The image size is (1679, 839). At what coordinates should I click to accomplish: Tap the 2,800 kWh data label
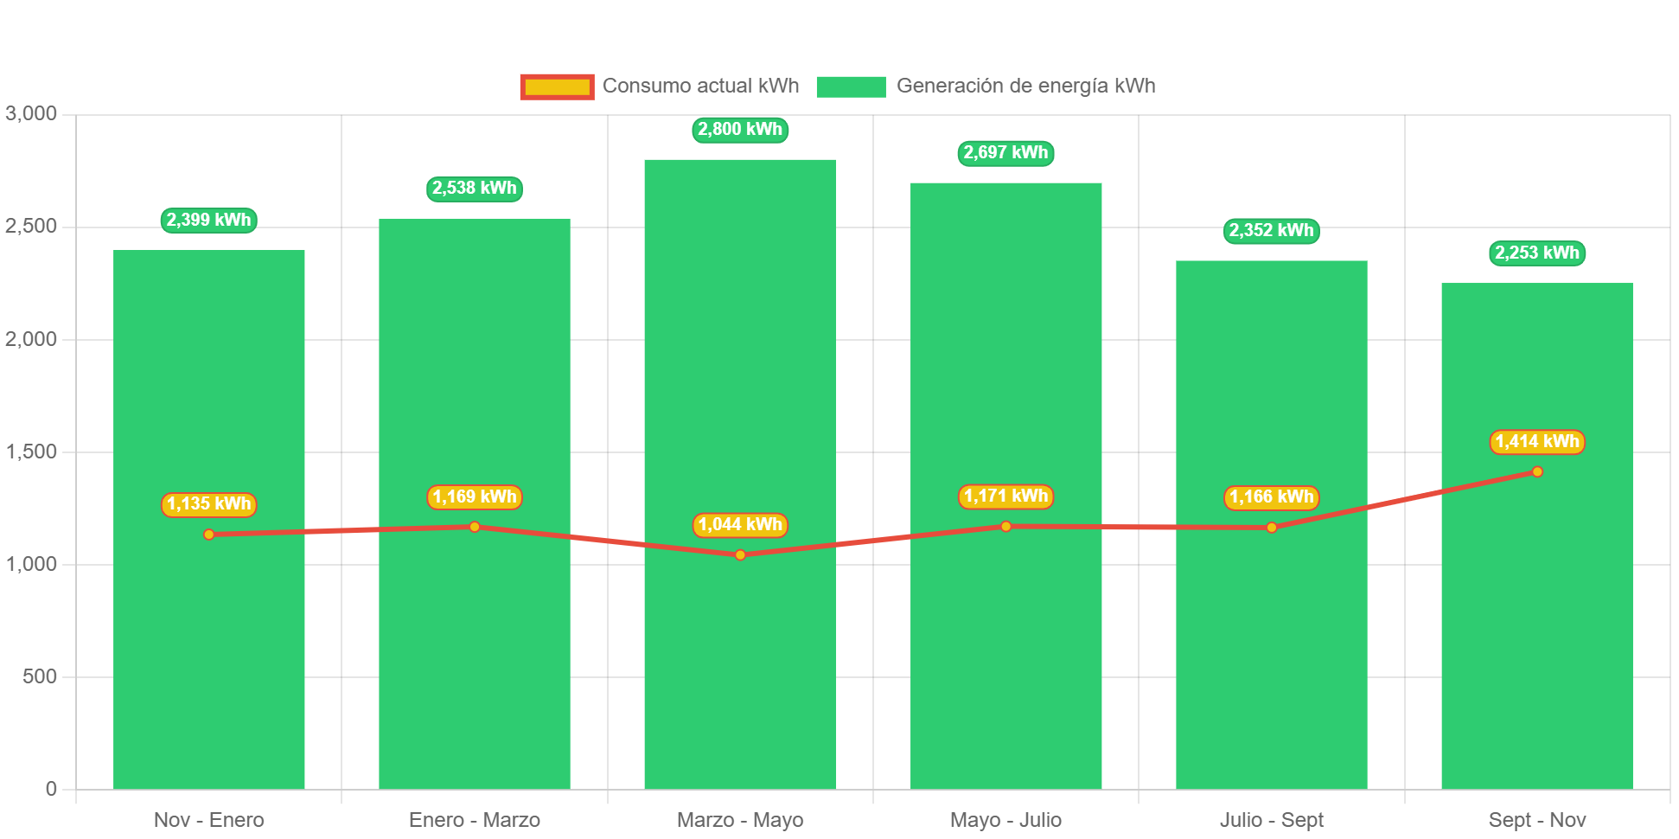[x=740, y=130]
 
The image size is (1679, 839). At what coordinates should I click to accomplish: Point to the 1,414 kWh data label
[x=1536, y=442]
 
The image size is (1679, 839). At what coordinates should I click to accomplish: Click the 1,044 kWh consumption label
[x=740, y=525]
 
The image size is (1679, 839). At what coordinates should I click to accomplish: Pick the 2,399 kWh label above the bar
[x=209, y=221]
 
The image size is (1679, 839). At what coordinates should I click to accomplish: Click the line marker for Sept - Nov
[x=1536, y=471]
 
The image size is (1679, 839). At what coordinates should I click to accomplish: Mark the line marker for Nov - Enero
[x=209, y=535]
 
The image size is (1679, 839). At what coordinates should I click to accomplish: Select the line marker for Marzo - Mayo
[x=740, y=555]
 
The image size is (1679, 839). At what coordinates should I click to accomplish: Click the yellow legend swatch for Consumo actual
[x=557, y=86]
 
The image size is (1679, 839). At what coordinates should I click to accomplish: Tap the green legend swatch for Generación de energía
[x=851, y=86]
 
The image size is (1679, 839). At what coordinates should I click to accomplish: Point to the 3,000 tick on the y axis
[x=31, y=113]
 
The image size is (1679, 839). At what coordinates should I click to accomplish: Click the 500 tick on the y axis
[x=40, y=676]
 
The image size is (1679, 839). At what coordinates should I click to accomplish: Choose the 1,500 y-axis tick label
[x=31, y=452]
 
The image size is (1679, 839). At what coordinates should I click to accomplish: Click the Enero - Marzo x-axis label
[x=475, y=820]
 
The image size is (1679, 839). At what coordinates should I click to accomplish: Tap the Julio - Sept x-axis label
[x=1271, y=820]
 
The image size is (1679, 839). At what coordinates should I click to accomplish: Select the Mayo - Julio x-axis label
[x=1005, y=820]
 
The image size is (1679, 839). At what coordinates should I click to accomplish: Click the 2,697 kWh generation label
[x=1005, y=153]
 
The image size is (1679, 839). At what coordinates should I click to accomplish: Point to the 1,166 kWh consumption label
[x=1271, y=497]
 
